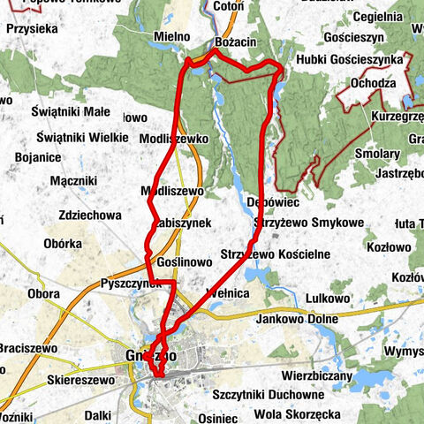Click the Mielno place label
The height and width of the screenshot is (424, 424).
coord(171,36)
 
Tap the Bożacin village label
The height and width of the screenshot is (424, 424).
coord(234,42)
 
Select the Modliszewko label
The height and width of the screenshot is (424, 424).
coord(173,140)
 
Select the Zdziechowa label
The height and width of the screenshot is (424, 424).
coord(87,215)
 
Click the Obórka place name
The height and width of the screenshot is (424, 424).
coord(62,243)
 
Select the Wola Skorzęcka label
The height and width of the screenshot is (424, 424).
coord(296,413)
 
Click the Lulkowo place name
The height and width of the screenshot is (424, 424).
coord(322,298)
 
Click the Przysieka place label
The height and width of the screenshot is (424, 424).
coord(32,28)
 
